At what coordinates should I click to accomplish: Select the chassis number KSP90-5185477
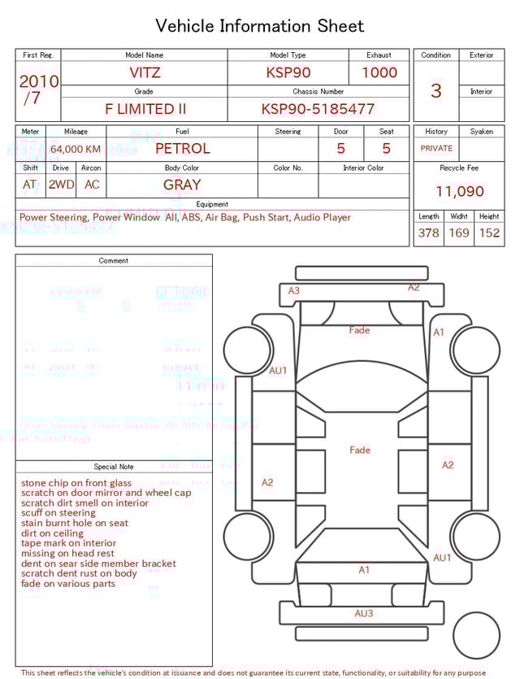click(x=318, y=109)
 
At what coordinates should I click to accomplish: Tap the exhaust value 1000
click(x=379, y=72)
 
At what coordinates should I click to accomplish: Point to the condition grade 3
click(x=435, y=91)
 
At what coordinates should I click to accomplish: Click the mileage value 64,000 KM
click(x=76, y=149)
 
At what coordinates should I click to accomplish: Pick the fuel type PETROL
click(x=182, y=149)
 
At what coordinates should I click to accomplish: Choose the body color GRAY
click(x=182, y=185)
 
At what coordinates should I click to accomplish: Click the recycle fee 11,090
click(x=460, y=192)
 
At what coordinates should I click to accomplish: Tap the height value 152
click(x=489, y=233)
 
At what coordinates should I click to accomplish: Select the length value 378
click(x=428, y=233)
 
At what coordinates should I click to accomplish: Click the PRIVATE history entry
click(x=436, y=149)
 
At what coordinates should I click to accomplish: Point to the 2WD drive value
click(x=61, y=185)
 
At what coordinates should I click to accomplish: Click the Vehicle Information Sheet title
click(x=260, y=26)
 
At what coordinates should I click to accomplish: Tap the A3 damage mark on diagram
click(x=294, y=290)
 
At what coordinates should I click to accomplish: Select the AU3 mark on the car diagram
click(x=364, y=613)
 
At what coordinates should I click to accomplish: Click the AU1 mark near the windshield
click(x=279, y=371)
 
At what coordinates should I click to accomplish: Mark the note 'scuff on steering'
click(x=58, y=513)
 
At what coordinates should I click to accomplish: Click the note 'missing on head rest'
click(x=67, y=553)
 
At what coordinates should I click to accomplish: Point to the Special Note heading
click(x=114, y=467)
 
